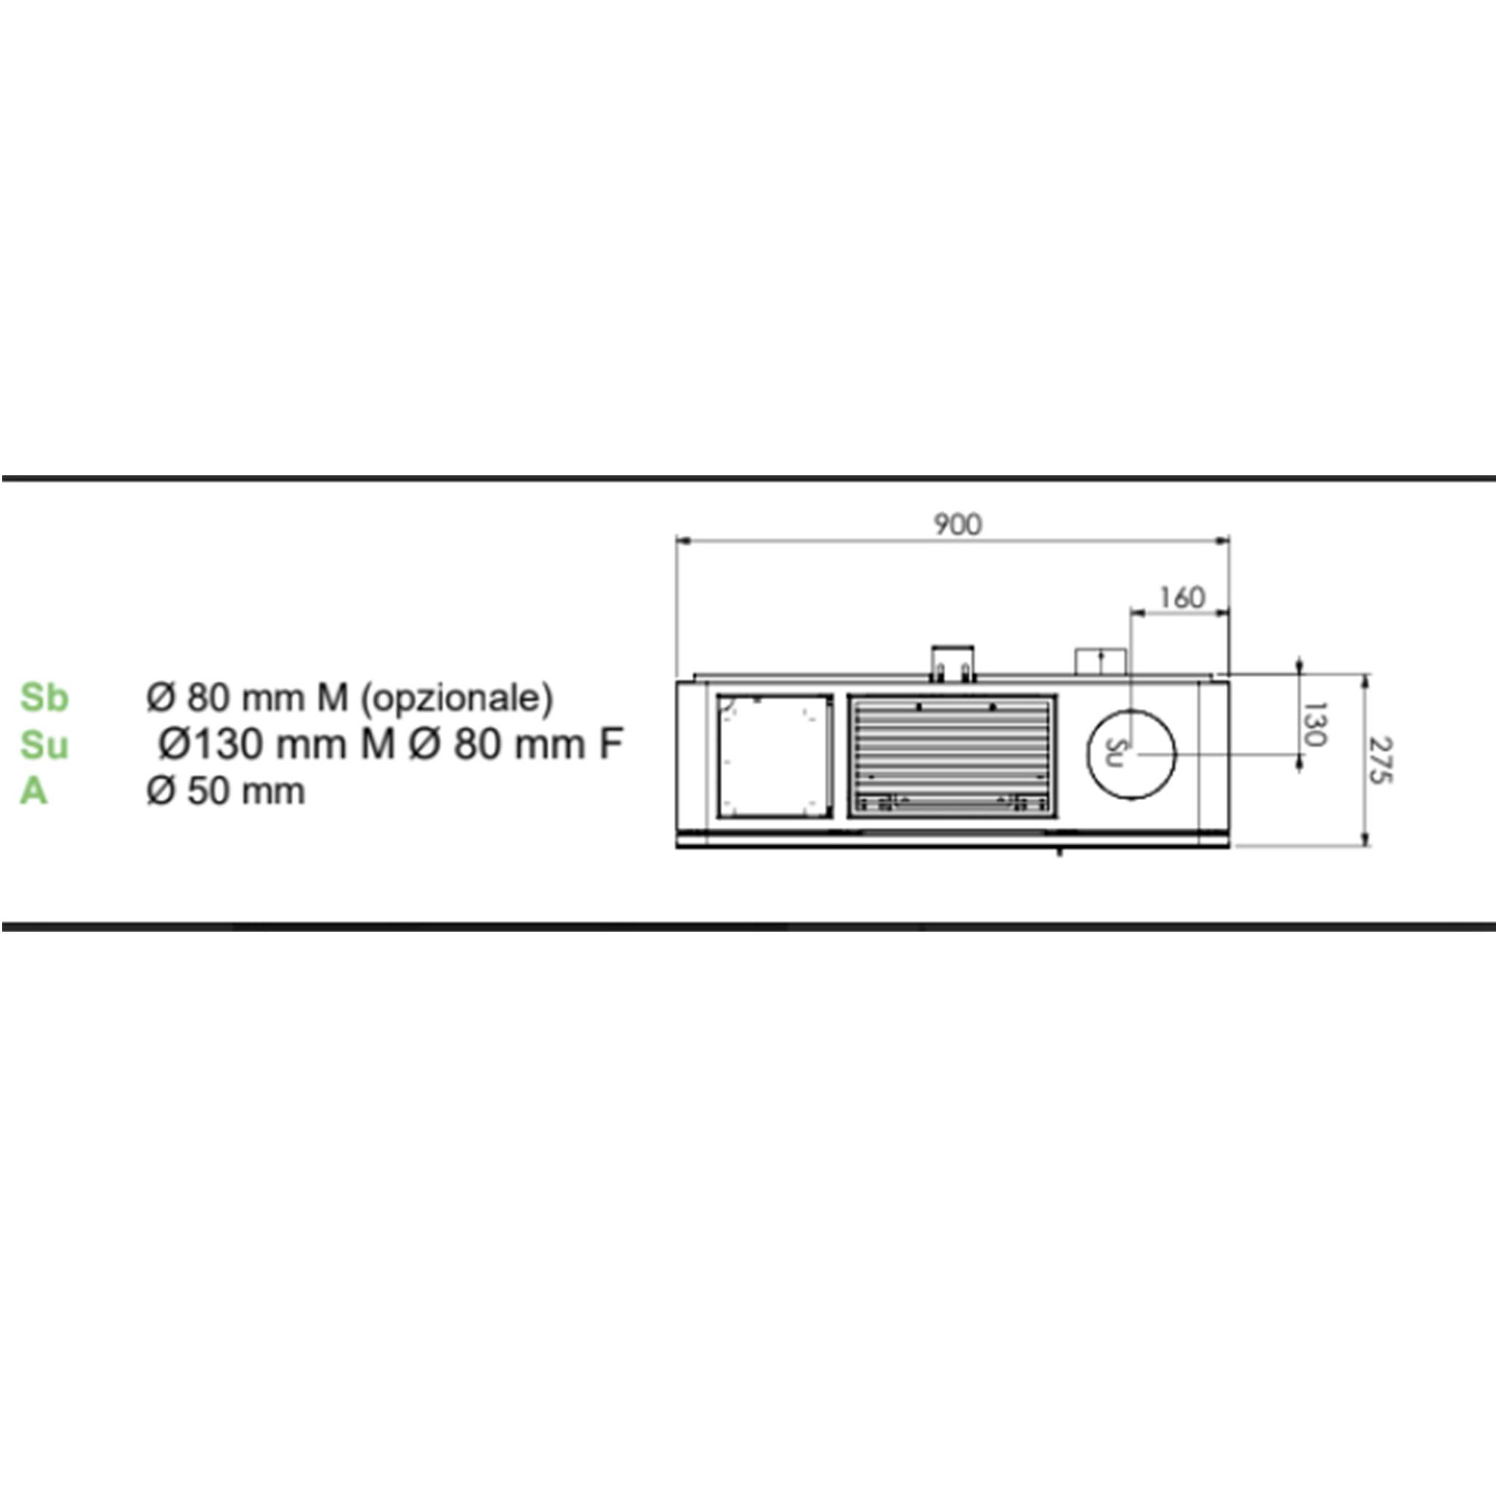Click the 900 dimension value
pos(958,524)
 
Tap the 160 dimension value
pos(1181,598)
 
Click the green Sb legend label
pos(44,698)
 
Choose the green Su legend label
pos(44,745)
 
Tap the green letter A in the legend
pos(34,791)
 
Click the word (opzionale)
pos(458,699)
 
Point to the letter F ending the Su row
pos(611,744)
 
